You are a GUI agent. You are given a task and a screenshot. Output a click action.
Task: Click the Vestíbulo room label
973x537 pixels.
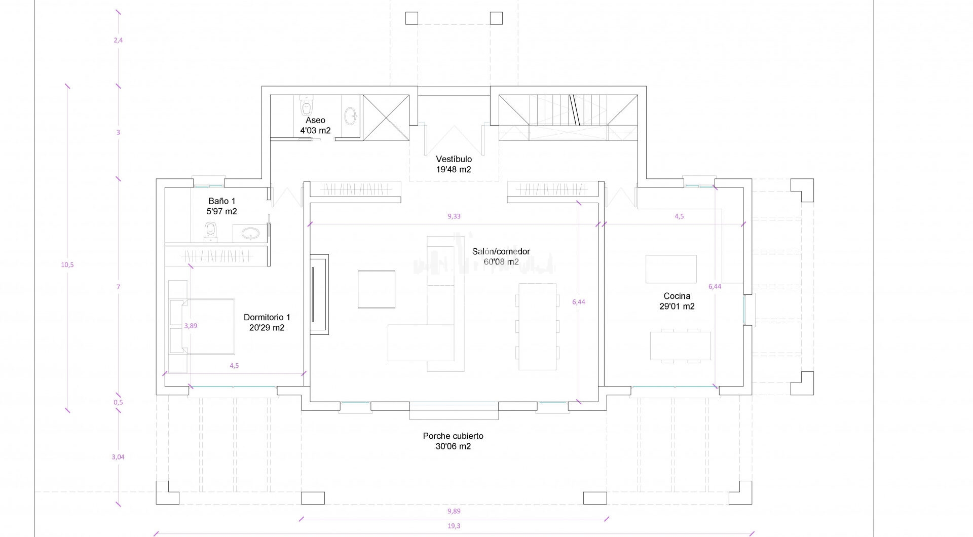[x=454, y=159]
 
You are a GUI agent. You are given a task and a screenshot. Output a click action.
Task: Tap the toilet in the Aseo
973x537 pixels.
[x=306, y=105]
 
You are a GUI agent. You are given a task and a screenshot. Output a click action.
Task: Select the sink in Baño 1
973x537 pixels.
[x=250, y=234]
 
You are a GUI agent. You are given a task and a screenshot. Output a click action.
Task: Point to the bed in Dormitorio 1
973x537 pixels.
[x=202, y=326]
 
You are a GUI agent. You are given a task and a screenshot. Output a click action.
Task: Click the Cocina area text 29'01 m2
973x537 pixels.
[x=677, y=306]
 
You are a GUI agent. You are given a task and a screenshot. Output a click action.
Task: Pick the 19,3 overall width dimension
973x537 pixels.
[x=454, y=526]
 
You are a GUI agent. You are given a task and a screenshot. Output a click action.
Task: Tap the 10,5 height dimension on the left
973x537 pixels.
[x=67, y=264]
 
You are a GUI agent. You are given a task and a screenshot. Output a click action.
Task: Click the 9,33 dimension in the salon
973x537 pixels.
[x=454, y=216]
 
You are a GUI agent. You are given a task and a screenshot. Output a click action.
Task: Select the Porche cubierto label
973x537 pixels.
[x=453, y=436]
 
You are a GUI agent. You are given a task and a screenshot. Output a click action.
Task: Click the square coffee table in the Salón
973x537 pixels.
[x=377, y=289]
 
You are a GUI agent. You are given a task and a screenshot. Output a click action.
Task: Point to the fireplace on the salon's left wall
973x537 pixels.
[x=319, y=294]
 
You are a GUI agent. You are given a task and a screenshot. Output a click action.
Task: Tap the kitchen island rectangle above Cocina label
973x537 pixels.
[x=671, y=269]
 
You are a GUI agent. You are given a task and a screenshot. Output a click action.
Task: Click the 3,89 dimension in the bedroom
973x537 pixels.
[x=191, y=326]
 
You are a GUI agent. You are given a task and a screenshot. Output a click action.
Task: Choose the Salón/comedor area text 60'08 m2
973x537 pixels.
[x=501, y=262]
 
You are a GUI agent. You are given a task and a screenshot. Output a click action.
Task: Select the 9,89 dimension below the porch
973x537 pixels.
[x=454, y=511]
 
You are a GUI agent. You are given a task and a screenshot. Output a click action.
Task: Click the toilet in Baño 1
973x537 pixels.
[x=211, y=231]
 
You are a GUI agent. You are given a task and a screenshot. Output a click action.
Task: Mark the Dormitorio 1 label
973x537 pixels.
[x=267, y=317]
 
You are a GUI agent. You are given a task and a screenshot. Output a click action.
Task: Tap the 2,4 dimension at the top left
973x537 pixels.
[x=118, y=40]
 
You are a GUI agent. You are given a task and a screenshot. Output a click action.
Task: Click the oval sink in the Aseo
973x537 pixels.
[x=351, y=116]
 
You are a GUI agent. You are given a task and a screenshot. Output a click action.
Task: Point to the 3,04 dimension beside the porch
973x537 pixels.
[x=118, y=457]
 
